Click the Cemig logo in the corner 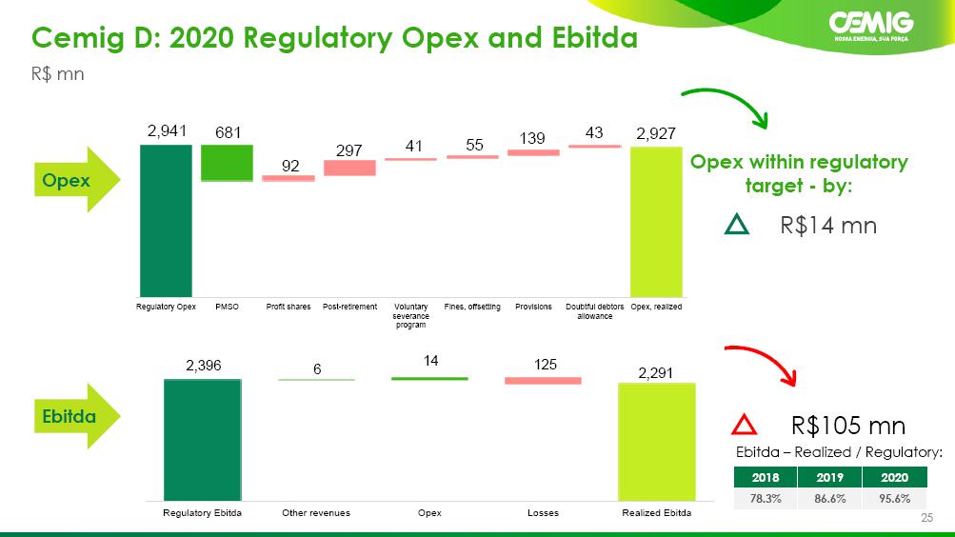871,26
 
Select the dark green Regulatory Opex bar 166,220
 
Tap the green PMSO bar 227,163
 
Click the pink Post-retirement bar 349,168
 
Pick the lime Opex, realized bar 656,222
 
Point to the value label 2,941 167,130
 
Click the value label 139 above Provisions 532,138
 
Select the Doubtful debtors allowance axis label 594,311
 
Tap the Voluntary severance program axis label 411,315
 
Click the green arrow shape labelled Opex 77,180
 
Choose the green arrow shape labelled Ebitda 77,416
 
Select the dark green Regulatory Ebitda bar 202,440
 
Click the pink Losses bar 543,381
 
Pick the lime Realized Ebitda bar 657,442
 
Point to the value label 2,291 655,372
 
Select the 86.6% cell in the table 829,498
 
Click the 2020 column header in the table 894,477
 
